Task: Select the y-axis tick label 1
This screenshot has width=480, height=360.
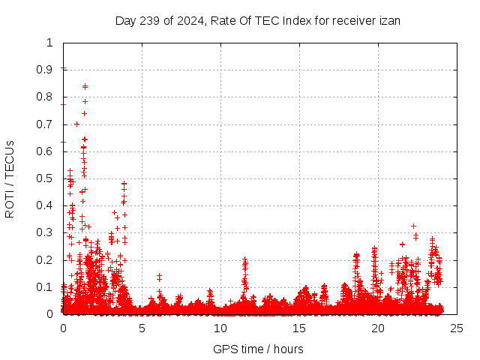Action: pos(50,43)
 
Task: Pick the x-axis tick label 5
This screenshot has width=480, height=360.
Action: pos(142,328)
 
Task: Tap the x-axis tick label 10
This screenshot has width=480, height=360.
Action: pos(220,328)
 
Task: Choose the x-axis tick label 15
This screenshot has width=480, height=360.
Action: pos(299,328)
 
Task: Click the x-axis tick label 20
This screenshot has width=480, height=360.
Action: pos(378,328)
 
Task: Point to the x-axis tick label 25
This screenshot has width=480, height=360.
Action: pos(457,328)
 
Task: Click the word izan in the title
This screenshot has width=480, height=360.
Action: pos(389,21)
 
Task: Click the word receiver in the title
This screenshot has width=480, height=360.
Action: pos(353,21)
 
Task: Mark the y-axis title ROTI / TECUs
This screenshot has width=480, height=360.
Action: pos(10,178)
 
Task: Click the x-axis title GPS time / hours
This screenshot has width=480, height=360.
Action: pos(258,349)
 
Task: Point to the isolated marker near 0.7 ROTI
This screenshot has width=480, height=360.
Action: pos(76,124)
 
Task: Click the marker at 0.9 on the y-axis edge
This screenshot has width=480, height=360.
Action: pos(64,69)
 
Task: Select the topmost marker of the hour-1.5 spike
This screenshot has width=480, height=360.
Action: pos(85,86)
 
